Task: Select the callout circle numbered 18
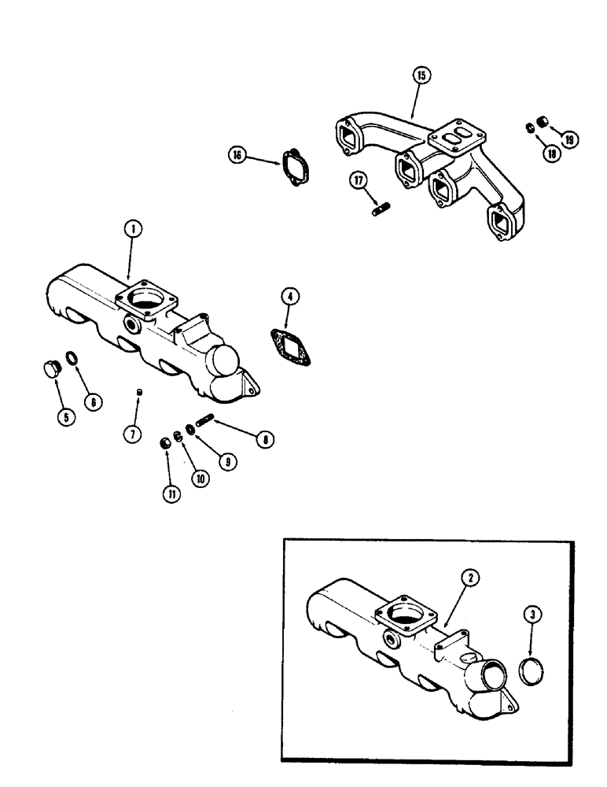pyautogui.click(x=550, y=154)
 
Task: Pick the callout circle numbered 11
pyautogui.click(x=170, y=493)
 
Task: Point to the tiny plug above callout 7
pyautogui.click(x=138, y=390)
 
